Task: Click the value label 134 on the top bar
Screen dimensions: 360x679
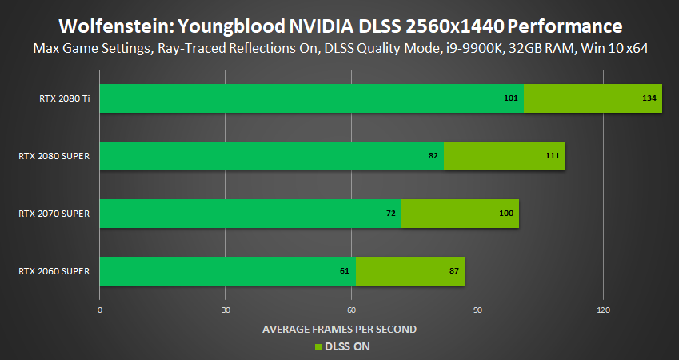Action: (x=649, y=98)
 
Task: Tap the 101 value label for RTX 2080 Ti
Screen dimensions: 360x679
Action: (x=512, y=98)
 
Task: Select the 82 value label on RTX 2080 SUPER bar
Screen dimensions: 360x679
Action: (x=433, y=155)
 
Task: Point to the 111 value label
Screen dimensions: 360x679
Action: (x=553, y=155)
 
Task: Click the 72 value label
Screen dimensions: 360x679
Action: (x=391, y=214)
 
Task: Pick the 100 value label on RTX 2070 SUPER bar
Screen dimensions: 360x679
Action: (x=506, y=214)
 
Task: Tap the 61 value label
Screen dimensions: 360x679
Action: (x=345, y=271)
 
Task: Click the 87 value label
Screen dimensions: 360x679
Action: (x=454, y=271)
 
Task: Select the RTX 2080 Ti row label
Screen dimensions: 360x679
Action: (x=63, y=98)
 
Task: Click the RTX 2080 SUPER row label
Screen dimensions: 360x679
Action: (x=54, y=155)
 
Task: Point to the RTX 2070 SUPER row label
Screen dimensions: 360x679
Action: (x=54, y=214)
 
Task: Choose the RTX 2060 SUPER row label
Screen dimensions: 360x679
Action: (x=54, y=271)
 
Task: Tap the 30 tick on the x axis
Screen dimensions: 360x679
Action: (x=226, y=310)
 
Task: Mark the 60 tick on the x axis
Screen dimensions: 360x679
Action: (x=351, y=310)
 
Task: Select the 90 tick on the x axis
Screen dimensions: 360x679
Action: (x=477, y=310)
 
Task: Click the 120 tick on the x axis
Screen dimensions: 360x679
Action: (x=603, y=310)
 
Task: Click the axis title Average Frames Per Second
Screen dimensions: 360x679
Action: (x=339, y=329)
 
